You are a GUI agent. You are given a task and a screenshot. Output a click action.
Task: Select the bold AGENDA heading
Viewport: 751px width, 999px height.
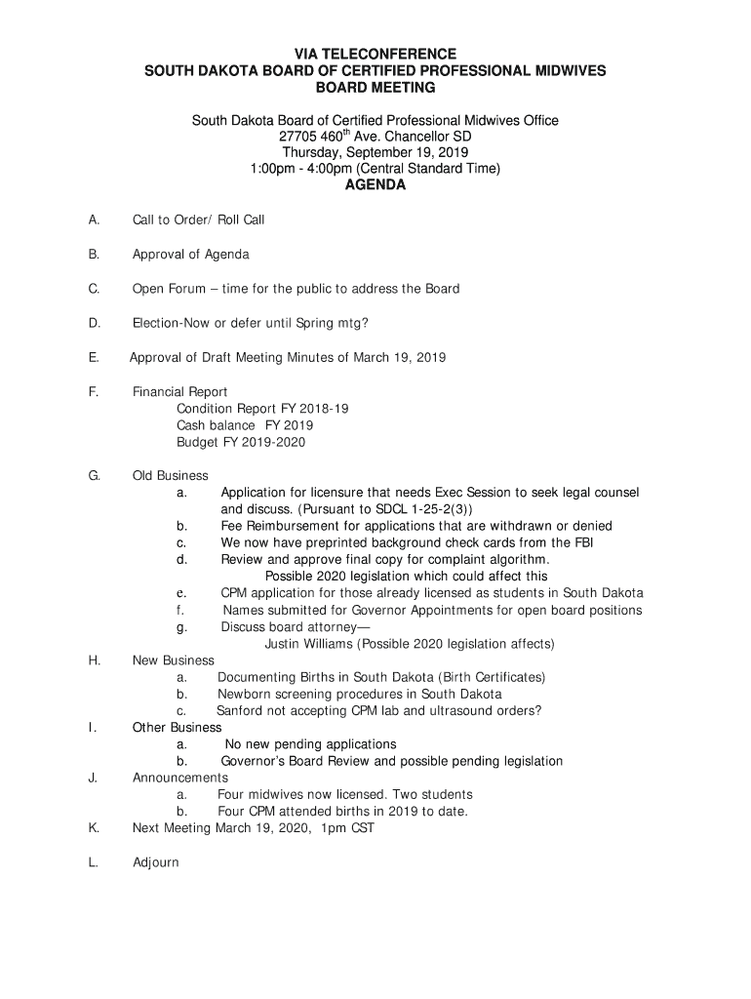pos(375,185)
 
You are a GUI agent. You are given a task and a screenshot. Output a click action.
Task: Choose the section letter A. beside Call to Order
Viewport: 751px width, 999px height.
pos(94,220)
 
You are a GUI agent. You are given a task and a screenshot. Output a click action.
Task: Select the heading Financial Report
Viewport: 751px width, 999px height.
pos(180,392)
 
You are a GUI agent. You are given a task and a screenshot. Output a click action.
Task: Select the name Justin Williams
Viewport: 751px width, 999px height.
pos(310,644)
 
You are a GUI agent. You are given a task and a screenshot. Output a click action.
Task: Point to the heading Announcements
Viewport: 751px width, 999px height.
pos(180,778)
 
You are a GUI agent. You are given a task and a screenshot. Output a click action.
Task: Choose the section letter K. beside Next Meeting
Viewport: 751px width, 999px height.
pos(94,828)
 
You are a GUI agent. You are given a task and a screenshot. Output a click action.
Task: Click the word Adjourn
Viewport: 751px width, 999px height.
pos(156,863)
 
